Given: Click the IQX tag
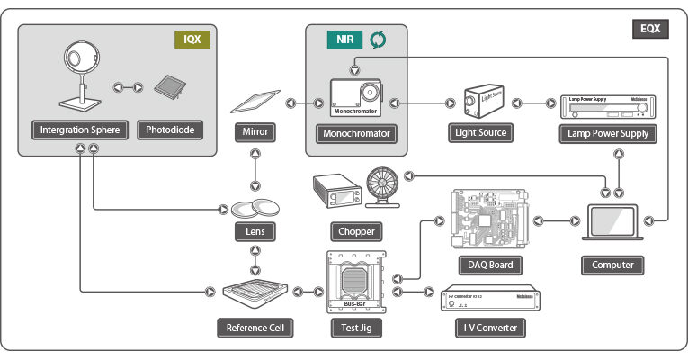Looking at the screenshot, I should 191,40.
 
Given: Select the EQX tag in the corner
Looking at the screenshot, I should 650,28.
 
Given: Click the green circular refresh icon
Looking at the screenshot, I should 379,40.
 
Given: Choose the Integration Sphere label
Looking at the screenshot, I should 81,130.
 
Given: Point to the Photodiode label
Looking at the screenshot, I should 169,130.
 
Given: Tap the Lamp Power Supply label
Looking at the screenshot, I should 607,132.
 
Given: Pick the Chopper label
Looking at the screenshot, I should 357,230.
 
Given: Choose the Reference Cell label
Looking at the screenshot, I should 255,327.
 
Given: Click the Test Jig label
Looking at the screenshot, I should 357,327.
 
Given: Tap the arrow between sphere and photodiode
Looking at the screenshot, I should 127,87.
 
